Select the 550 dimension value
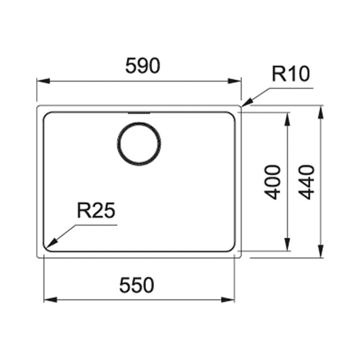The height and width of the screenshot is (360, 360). [x=136, y=285]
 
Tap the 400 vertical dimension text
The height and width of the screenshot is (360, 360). [x=273, y=182]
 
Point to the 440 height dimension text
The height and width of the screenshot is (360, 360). [x=306, y=182]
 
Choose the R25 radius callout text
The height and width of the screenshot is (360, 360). [x=96, y=211]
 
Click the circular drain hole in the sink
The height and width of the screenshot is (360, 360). [x=139, y=144]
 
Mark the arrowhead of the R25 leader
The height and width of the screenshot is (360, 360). [x=51, y=243]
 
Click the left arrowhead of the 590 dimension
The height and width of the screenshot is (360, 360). [x=44, y=81]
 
